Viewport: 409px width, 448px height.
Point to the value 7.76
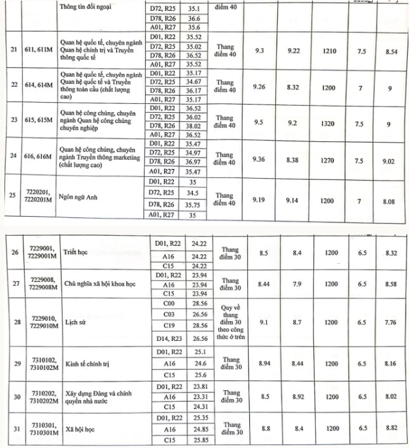390,323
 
